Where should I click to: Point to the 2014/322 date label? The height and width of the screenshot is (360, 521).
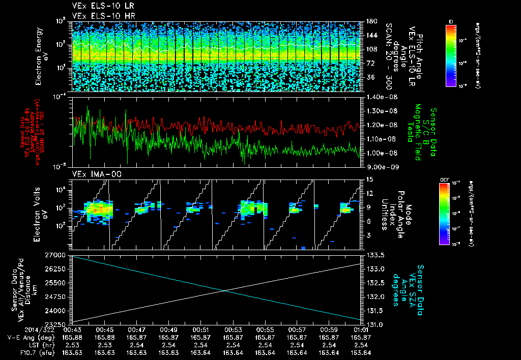point(18,329)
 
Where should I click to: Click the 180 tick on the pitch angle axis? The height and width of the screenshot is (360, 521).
point(370,21)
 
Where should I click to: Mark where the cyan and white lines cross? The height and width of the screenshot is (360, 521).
point(224,290)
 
